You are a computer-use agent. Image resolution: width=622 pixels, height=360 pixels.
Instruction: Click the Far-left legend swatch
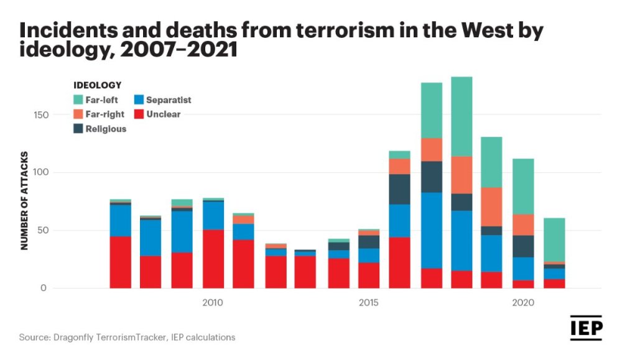click(x=79, y=99)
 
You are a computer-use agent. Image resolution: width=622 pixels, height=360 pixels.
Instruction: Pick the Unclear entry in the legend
click(x=163, y=114)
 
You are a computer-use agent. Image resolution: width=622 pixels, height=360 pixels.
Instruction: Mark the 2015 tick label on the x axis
click(x=368, y=303)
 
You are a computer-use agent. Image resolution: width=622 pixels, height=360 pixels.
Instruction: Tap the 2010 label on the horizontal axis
click(x=213, y=303)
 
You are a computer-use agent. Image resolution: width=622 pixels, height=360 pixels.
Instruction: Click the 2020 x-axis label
click(x=523, y=303)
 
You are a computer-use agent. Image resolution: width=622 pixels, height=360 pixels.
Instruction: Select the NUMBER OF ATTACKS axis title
click(x=25, y=200)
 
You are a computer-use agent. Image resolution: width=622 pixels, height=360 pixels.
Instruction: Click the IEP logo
click(x=586, y=328)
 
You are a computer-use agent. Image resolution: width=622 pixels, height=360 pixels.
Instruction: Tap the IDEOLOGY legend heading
click(x=97, y=85)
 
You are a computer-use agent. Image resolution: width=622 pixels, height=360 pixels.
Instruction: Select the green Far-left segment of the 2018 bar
click(x=462, y=116)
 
